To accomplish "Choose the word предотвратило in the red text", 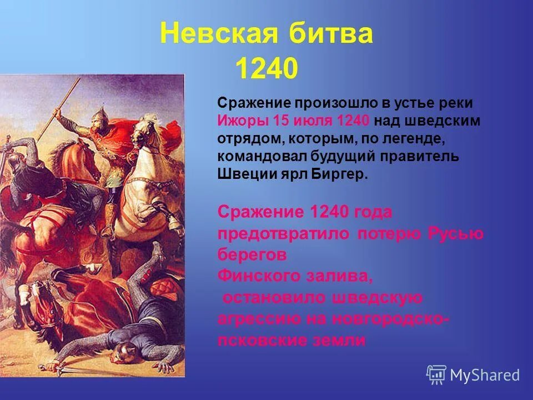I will (283, 233).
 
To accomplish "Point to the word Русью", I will (455, 233).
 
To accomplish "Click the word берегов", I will (252, 254).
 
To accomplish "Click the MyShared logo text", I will (485, 375).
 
